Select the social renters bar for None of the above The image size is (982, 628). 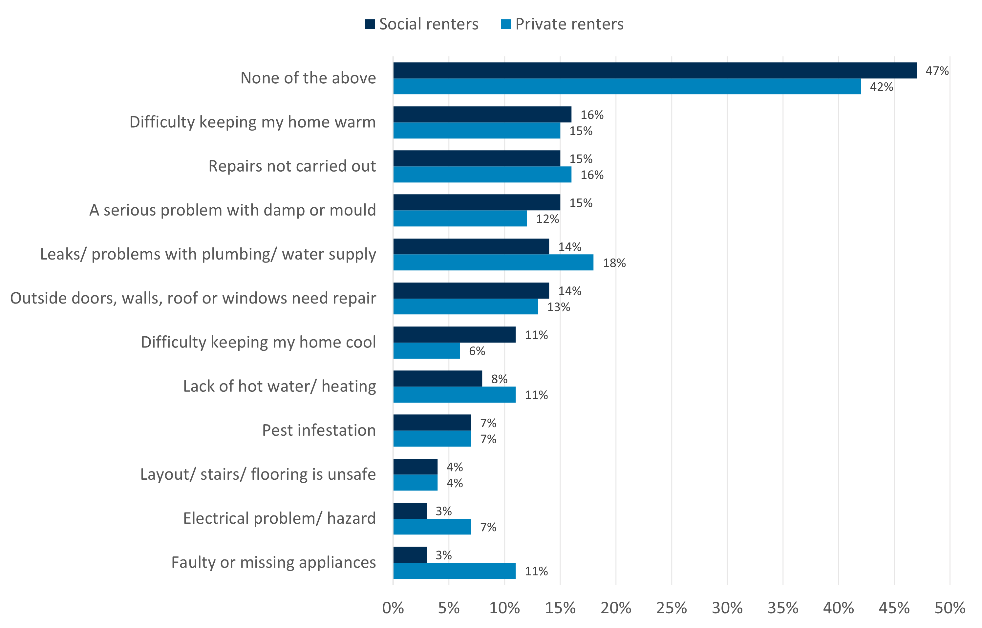tap(654, 71)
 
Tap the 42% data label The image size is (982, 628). tap(881, 87)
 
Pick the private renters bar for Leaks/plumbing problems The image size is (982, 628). tap(493, 262)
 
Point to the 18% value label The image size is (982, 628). tap(614, 263)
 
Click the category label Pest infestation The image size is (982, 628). tap(318, 430)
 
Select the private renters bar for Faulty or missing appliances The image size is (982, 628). tap(454, 571)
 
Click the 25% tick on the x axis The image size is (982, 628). tap(671, 608)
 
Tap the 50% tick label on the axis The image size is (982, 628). tap(950, 608)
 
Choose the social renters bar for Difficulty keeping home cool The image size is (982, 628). tap(454, 335)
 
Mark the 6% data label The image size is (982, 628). tap(477, 351)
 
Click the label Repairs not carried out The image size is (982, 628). tap(292, 166)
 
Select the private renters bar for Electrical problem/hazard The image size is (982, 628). tap(432, 527)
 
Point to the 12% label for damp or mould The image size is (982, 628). tap(547, 219)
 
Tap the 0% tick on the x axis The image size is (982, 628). tap(393, 608)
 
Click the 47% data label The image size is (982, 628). tap(937, 71)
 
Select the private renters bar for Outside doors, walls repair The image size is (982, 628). tap(465, 307)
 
